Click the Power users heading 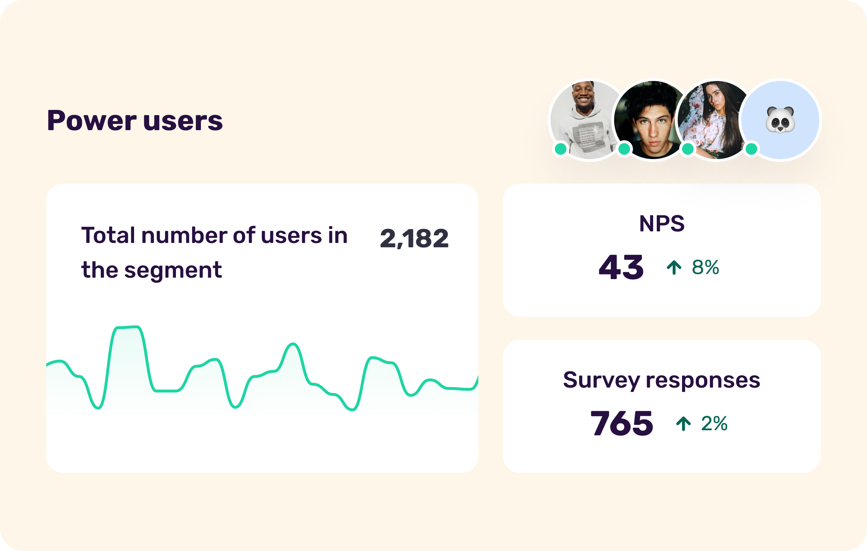click(135, 120)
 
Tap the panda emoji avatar click(780, 120)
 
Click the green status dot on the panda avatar click(751, 149)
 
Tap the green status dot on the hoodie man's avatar click(561, 149)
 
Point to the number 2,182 click(414, 239)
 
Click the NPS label click(661, 223)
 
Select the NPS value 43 click(621, 268)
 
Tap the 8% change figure click(705, 268)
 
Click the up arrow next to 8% click(674, 268)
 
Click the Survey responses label click(661, 380)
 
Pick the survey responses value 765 click(622, 423)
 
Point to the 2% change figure click(714, 423)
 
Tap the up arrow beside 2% click(683, 423)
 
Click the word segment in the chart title click(173, 270)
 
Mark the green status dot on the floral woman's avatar click(688, 149)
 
